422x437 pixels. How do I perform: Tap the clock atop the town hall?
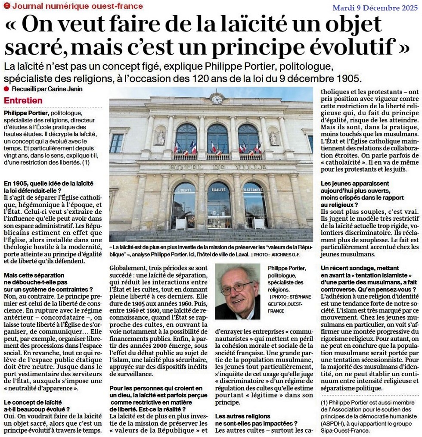217,99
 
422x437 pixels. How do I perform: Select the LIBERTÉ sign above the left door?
183,189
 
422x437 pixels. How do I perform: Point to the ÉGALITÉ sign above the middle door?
218,189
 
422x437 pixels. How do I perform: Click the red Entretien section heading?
23,100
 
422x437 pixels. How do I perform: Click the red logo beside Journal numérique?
6,6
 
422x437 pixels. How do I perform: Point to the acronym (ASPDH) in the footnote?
334,424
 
